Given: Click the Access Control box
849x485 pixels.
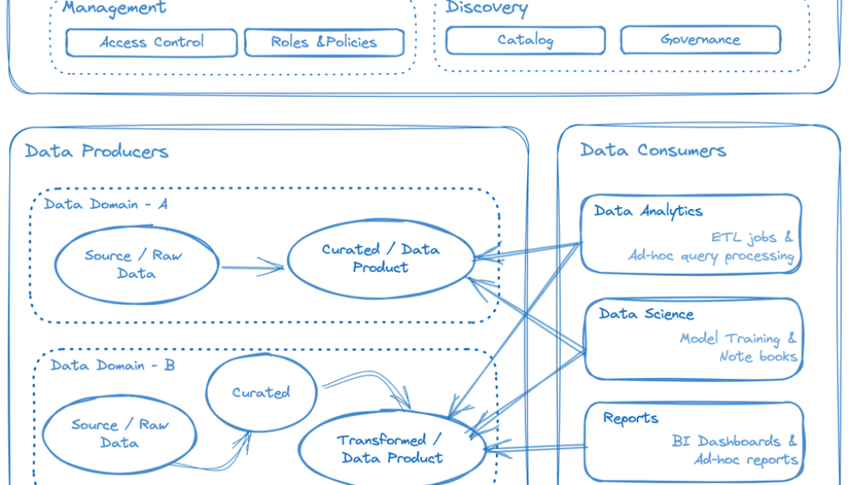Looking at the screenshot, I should pyautogui.click(x=152, y=42).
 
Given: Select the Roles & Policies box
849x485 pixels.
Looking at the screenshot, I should pyautogui.click(x=324, y=42).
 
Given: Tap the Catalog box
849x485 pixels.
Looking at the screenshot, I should pyautogui.click(x=526, y=40).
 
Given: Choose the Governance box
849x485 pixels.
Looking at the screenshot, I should pyautogui.click(x=701, y=40).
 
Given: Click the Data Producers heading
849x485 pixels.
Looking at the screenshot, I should pyautogui.click(x=96, y=151).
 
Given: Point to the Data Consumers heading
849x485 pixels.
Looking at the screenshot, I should pyautogui.click(x=653, y=150).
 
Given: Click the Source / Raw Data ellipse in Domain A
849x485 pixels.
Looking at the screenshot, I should pyautogui.click(x=137, y=264).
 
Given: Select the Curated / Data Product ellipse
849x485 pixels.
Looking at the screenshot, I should pyautogui.click(x=381, y=258).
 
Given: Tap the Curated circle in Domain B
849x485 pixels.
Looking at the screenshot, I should pyautogui.click(x=261, y=392).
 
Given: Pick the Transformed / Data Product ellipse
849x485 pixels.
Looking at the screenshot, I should pyautogui.click(x=391, y=449).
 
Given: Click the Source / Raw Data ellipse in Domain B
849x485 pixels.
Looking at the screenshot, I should pyautogui.click(x=119, y=434).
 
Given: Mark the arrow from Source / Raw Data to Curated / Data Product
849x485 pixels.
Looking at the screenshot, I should pyautogui.click(x=252, y=267).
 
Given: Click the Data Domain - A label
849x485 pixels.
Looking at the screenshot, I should pyautogui.click(x=106, y=204).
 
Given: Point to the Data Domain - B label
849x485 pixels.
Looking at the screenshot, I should pyautogui.click(x=113, y=365).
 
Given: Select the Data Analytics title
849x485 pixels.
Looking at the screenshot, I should pyautogui.click(x=648, y=211).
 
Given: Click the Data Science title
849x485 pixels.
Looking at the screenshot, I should pyautogui.click(x=647, y=313).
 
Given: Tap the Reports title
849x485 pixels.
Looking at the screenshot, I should pyautogui.click(x=631, y=418).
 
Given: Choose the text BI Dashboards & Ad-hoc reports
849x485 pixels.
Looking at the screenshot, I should pyautogui.click(x=735, y=450).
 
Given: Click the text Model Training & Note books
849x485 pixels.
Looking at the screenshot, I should pyautogui.click(x=739, y=347).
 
